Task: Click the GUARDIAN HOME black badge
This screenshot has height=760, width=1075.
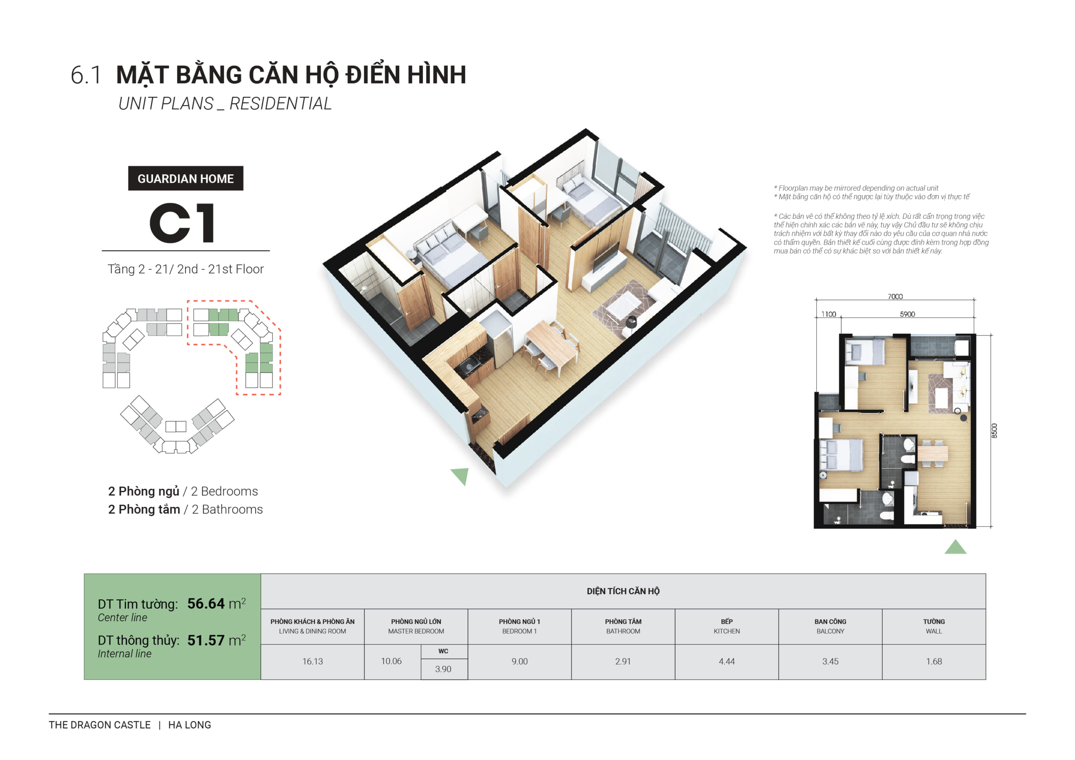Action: (x=186, y=178)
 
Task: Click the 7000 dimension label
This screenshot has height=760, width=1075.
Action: (x=895, y=296)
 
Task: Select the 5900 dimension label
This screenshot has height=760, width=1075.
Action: (x=907, y=314)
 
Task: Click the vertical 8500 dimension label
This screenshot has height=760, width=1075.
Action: (x=994, y=430)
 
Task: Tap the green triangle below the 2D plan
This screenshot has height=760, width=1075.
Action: (x=955, y=548)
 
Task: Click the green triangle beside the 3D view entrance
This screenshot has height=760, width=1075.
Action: (x=461, y=476)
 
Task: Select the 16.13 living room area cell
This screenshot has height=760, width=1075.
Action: (x=312, y=661)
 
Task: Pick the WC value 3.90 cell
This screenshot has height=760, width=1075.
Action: (x=443, y=669)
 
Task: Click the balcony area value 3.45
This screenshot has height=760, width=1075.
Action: (x=830, y=661)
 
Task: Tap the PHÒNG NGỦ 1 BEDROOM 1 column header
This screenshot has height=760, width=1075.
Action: (x=519, y=626)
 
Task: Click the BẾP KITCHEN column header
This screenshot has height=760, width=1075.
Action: (x=726, y=626)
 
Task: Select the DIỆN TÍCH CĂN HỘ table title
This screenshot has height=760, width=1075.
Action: (x=623, y=591)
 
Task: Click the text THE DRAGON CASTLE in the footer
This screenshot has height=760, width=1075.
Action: (x=100, y=724)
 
